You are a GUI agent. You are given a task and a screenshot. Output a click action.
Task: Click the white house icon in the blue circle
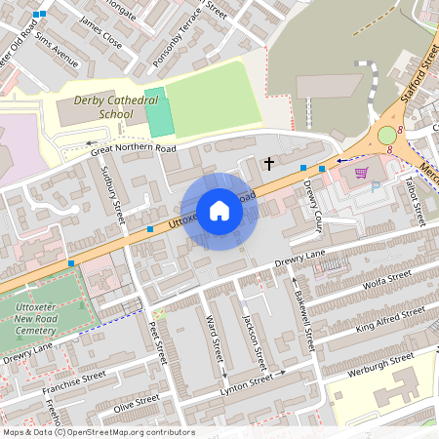[219, 211]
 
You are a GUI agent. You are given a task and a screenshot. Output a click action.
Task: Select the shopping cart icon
[362, 173]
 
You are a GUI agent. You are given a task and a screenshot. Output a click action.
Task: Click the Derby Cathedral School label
[103, 107]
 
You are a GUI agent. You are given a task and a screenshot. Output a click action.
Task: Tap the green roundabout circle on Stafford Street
[387, 135]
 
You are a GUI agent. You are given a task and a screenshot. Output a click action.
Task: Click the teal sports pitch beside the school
[156, 118]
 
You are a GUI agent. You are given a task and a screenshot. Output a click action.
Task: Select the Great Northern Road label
[134, 149]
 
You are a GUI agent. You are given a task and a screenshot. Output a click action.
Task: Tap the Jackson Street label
[251, 337]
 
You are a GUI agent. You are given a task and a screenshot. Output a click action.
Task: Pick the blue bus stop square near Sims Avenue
[39, 15]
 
